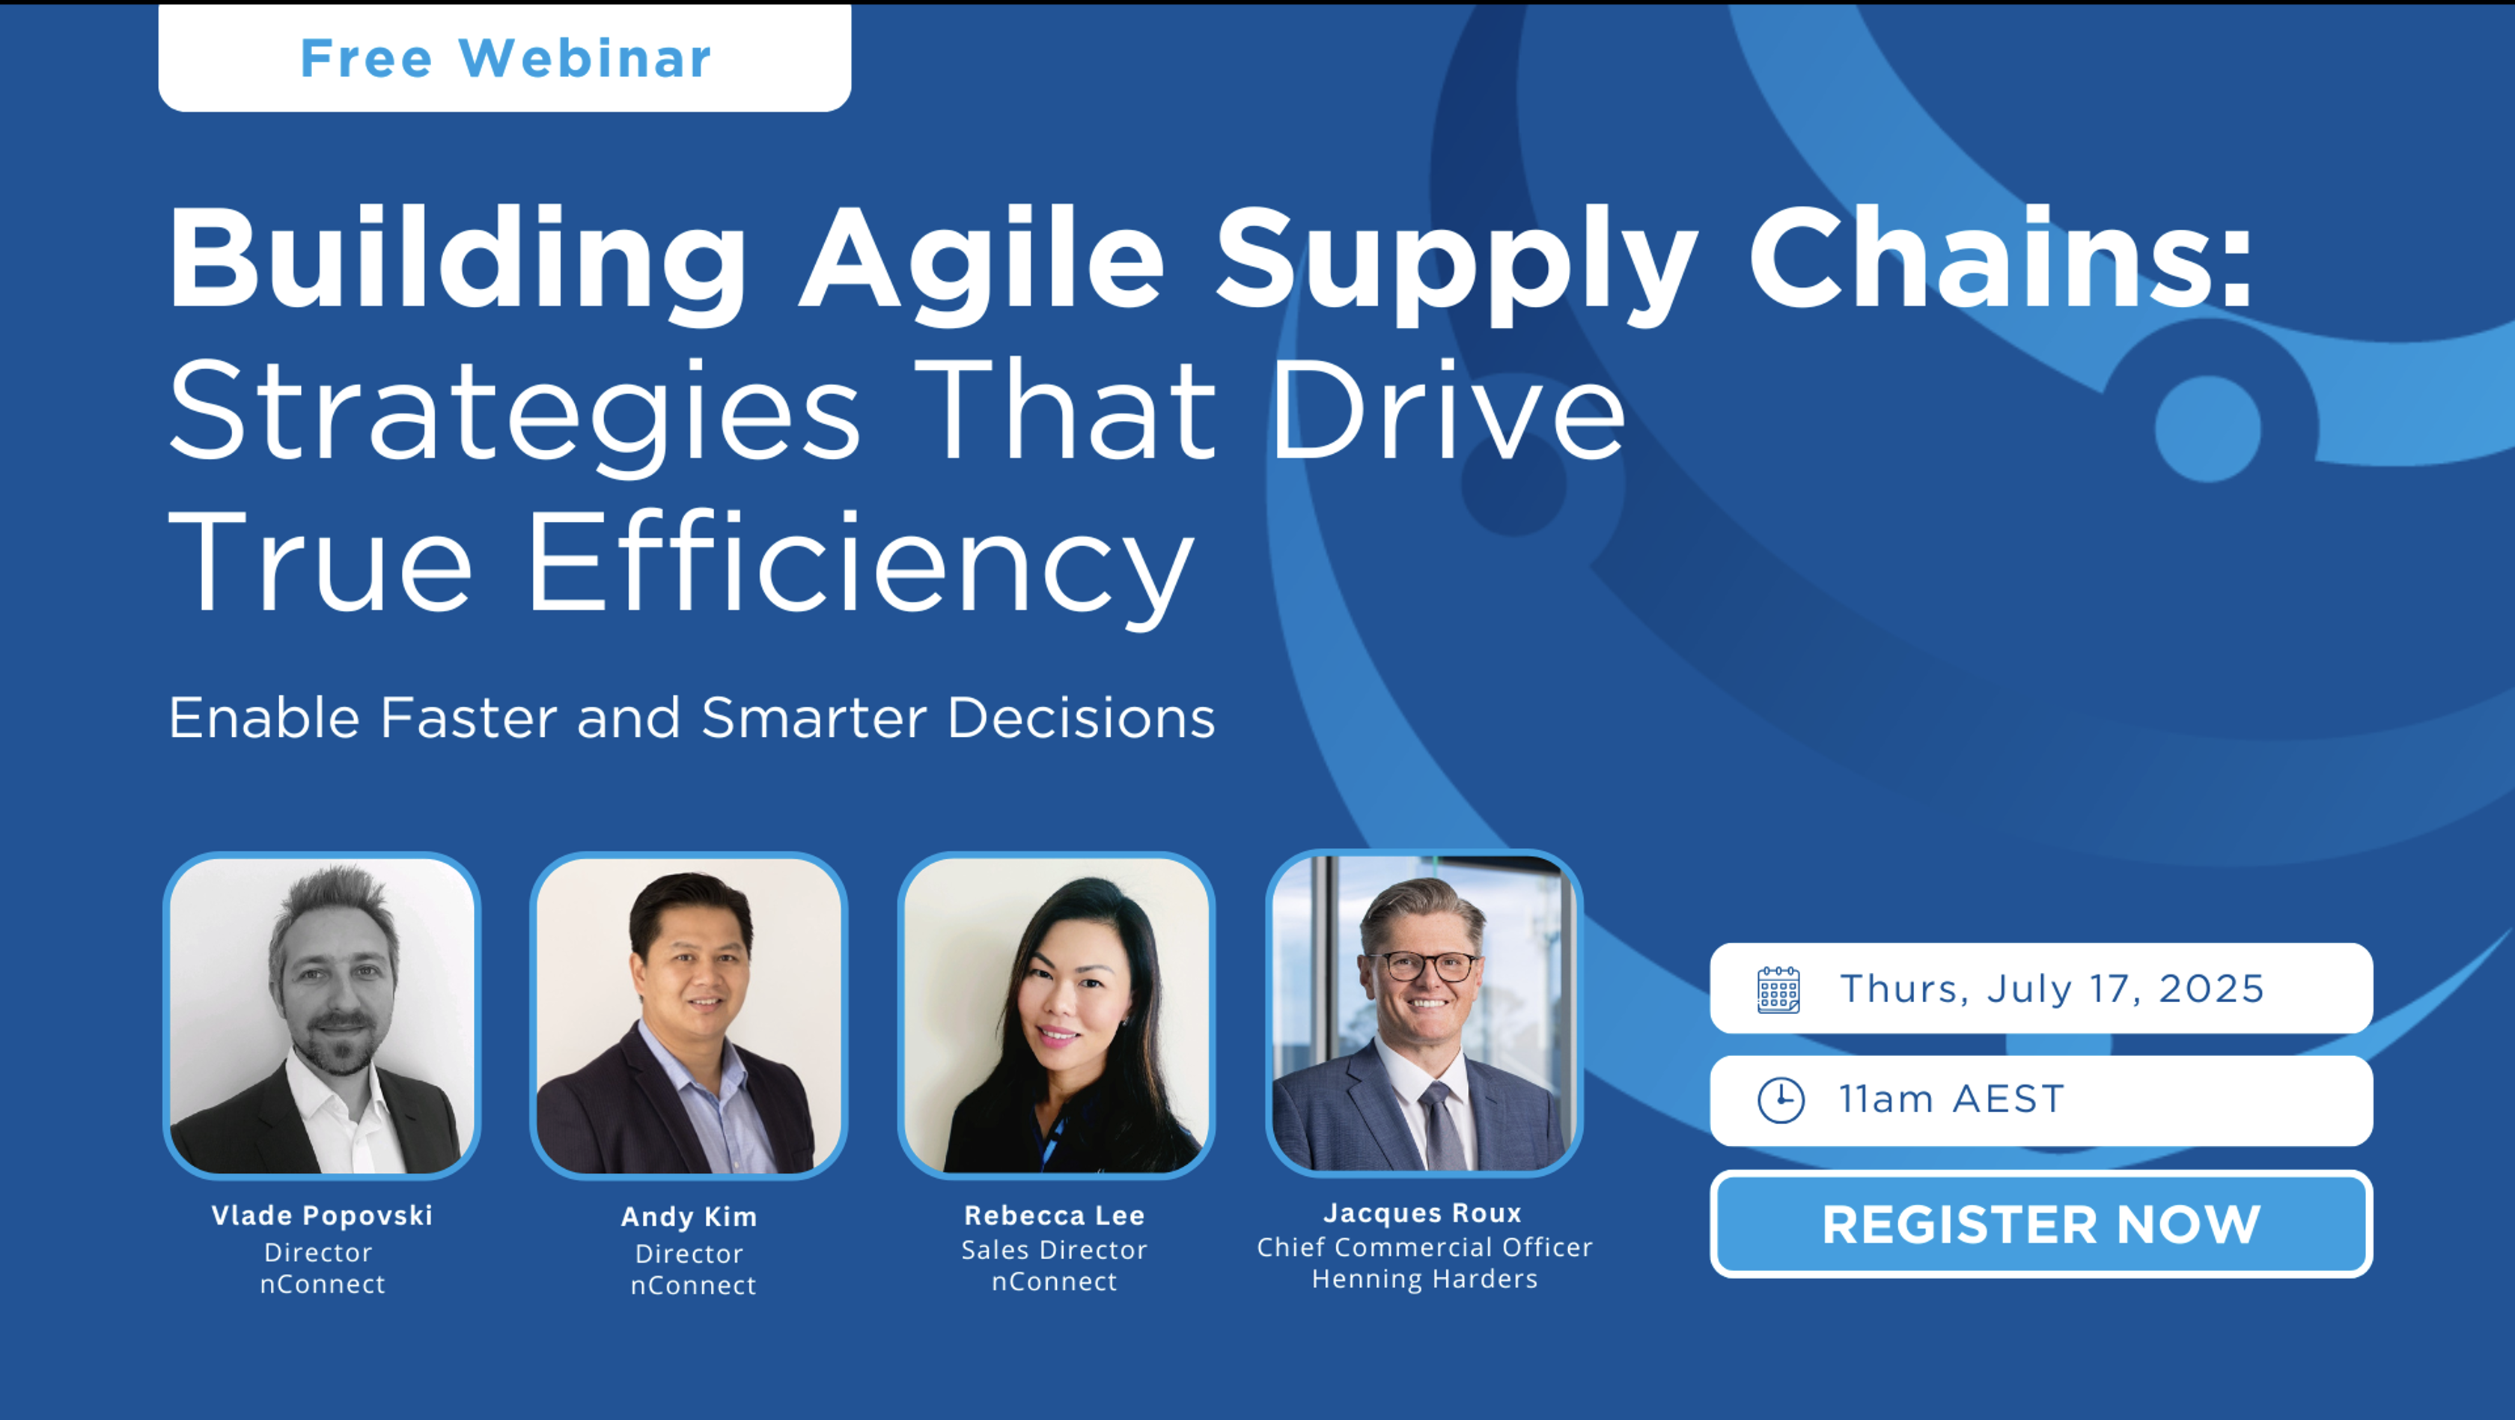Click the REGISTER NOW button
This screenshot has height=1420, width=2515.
[x=2040, y=1224]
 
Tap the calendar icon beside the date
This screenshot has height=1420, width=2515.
[x=1779, y=989]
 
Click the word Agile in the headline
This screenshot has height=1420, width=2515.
[x=982, y=259]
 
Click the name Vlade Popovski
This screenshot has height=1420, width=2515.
[x=322, y=1215]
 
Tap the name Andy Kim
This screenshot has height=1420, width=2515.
[x=689, y=1217]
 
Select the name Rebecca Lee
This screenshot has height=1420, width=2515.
[x=1055, y=1215]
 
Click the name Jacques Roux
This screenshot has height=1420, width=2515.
[x=1422, y=1213]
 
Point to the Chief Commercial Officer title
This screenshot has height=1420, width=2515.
[x=1424, y=1247]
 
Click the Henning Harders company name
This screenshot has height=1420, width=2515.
[x=1424, y=1279]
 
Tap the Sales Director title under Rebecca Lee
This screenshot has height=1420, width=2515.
[x=1055, y=1250]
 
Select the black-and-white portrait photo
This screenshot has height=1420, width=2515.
[x=322, y=1016]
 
